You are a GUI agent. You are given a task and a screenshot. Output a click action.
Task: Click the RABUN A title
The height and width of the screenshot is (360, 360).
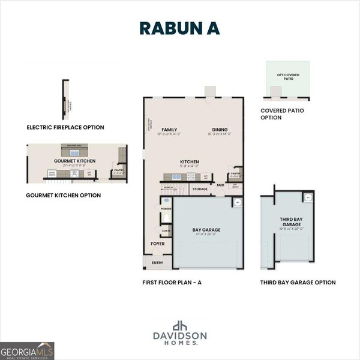(180, 28)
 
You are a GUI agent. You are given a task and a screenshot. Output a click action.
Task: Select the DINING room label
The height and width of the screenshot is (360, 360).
(219, 129)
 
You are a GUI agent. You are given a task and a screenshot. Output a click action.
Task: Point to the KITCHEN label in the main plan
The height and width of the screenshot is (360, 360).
(190, 162)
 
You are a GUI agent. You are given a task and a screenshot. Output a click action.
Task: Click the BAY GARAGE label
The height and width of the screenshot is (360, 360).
(206, 230)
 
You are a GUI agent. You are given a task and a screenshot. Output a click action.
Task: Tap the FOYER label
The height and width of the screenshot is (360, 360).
(158, 244)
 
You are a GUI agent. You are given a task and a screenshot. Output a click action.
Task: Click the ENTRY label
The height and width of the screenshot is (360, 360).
(157, 262)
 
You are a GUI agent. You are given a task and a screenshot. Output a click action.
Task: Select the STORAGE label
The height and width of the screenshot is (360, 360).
(200, 189)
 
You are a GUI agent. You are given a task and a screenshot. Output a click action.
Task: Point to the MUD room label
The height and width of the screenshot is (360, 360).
(220, 185)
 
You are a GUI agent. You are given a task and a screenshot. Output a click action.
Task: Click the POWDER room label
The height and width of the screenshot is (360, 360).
(166, 209)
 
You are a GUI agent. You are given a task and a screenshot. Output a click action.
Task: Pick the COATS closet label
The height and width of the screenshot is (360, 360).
(166, 230)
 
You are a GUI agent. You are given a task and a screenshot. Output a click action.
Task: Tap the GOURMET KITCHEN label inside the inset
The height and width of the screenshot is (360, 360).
(74, 161)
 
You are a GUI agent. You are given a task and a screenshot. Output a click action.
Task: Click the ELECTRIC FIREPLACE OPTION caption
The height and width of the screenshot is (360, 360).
(65, 127)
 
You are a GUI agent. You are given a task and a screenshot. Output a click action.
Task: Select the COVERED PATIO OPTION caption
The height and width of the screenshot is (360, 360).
(280, 114)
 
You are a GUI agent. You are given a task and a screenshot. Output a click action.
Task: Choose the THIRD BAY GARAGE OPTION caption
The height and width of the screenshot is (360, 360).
(298, 282)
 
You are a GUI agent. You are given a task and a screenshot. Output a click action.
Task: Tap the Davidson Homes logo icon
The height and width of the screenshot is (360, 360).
(180, 326)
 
